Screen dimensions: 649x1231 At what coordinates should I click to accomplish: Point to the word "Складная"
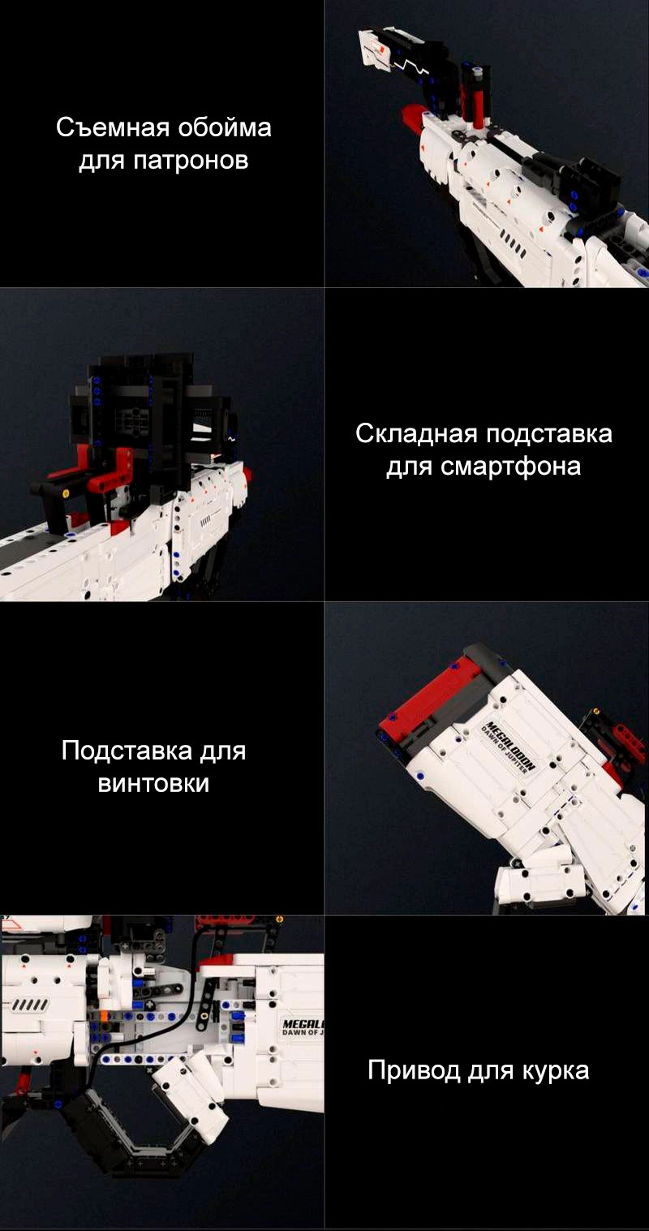point(416,433)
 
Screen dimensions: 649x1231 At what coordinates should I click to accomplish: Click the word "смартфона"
point(511,467)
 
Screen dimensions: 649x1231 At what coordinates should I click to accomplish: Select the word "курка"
point(556,1071)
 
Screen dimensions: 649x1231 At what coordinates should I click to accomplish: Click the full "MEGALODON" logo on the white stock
point(511,746)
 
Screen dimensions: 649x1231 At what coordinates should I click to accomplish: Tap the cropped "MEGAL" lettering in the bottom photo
point(303,1024)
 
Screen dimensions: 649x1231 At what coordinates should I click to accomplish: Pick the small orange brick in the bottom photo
point(103,1016)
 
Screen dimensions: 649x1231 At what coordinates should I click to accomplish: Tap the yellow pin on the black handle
point(66,493)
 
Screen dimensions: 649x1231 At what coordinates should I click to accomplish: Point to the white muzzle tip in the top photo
point(374,49)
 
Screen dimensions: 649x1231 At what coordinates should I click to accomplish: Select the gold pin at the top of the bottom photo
point(280,919)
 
